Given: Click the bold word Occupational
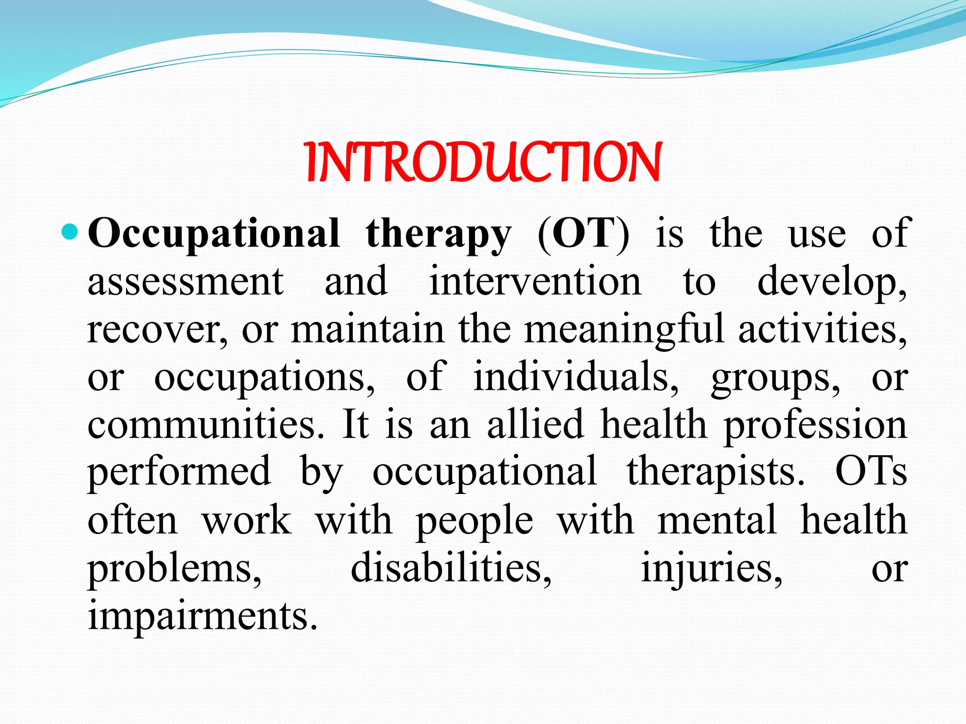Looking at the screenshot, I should pos(213,234).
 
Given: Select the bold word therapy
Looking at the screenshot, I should pos(438,234).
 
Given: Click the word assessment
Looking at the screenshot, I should pos(185,281).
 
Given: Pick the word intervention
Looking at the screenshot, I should pos(535,281).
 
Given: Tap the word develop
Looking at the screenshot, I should pos(830,282).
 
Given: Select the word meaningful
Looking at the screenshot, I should pos(624,329).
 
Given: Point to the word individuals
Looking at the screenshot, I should pos(575,377).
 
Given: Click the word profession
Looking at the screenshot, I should pos(815,426).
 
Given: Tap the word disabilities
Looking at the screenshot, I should pos(451,568).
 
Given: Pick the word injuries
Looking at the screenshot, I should pos(711,568).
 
